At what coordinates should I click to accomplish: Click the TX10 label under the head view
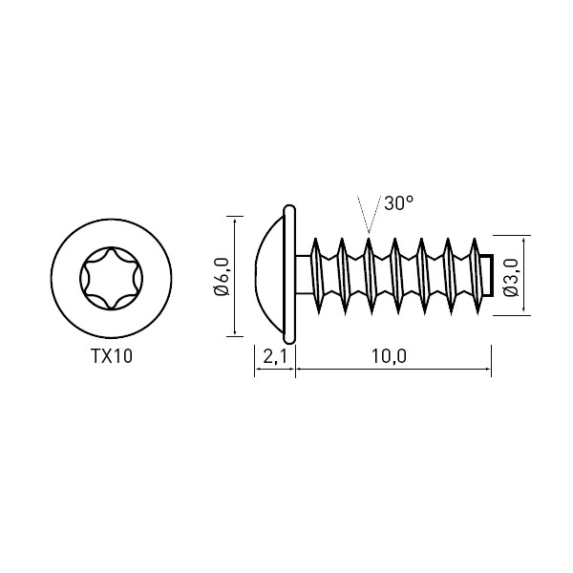click(112, 356)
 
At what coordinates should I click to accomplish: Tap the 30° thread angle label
click(398, 203)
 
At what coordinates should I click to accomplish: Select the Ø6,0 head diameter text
click(222, 276)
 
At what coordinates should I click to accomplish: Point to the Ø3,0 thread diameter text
click(511, 277)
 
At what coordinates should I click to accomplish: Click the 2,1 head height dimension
click(275, 356)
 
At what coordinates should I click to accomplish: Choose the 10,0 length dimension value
click(389, 356)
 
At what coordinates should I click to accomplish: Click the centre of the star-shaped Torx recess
click(112, 279)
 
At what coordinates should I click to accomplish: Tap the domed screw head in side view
click(269, 274)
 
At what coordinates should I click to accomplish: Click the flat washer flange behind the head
click(289, 274)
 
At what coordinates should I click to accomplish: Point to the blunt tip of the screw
click(488, 275)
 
